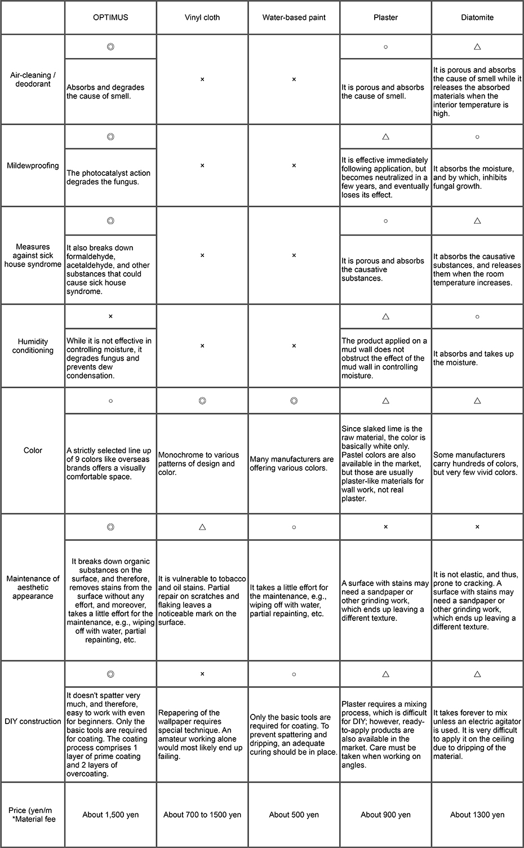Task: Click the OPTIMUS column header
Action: click(x=110, y=17)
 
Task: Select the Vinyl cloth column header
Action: click(x=202, y=17)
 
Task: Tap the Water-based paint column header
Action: click(x=294, y=17)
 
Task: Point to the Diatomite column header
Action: click(x=477, y=17)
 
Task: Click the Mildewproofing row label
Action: click(x=33, y=166)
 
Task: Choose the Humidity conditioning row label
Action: click(x=33, y=346)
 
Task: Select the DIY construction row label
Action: click(x=33, y=721)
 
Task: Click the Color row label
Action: click(x=33, y=450)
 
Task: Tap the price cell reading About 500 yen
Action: click(x=294, y=815)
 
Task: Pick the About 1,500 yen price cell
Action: click(x=110, y=815)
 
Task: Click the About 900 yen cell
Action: click(x=385, y=815)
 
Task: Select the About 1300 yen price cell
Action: click(x=477, y=815)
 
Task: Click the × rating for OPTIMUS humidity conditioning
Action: click(x=110, y=316)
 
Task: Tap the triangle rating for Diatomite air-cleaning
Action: click(x=477, y=47)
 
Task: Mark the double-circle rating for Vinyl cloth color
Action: click(x=202, y=401)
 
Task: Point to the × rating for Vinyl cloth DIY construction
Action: click(x=202, y=674)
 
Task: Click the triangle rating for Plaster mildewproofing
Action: click(x=385, y=137)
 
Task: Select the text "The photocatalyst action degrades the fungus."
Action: click(x=109, y=177)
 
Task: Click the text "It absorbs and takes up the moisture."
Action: click(x=473, y=358)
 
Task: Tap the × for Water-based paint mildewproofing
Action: click(x=294, y=166)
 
